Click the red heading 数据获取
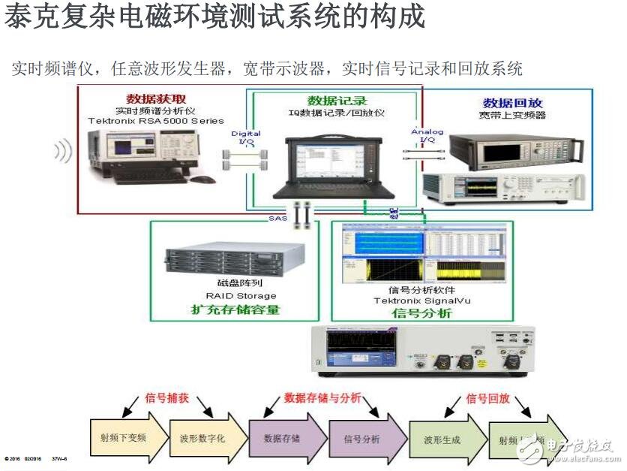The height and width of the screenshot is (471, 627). pyautogui.click(x=156, y=98)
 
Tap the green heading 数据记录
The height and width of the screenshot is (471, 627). pyautogui.click(x=337, y=101)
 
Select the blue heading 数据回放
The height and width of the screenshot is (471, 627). pyautogui.click(x=512, y=103)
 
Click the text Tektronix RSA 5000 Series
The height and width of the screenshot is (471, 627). pyautogui.click(x=155, y=120)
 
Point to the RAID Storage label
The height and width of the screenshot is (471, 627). pyautogui.click(x=247, y=296)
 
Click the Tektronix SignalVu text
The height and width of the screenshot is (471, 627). pyautogui.click(x=422, y=300)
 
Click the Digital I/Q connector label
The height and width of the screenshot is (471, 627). pyautogui.click(x=246, y=137)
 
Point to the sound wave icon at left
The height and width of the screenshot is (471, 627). pyautogui.click(x=63, y=152)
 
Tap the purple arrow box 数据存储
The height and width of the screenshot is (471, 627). pyautogui.click(x=282, y=437)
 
